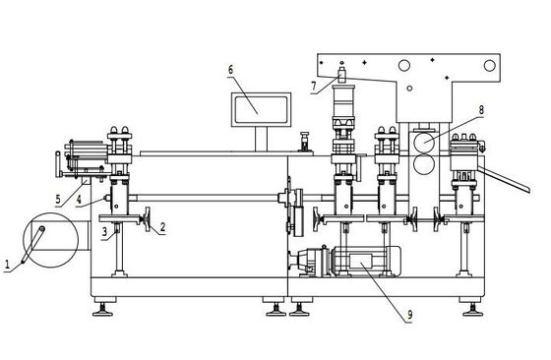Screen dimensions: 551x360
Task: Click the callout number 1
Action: (x=7, y=264)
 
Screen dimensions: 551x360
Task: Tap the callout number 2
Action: (x=162, y=227)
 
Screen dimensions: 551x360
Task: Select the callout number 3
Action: (x=104, y=232)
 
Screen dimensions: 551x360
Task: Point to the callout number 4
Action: (x=79, y=200)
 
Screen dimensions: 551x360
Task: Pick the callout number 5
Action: (x=58, y=199)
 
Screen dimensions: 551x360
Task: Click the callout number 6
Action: (x=230, y=70)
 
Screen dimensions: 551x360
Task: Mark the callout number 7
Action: (x=314, y=86)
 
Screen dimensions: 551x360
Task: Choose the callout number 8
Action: (x=481, y=110)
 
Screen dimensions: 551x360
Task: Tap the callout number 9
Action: (x=410, y=316)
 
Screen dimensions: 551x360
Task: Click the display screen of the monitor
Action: (x=261, y=109)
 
